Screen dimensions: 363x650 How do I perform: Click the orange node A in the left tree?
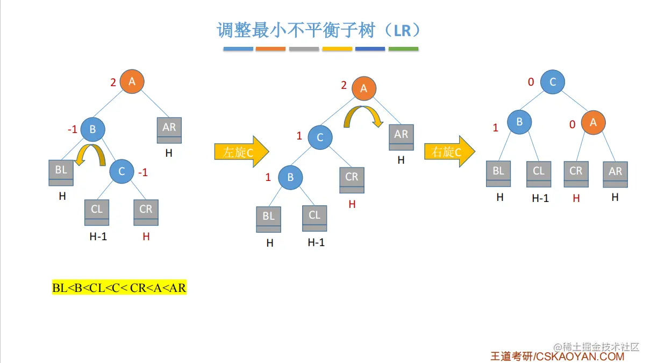[132, 82]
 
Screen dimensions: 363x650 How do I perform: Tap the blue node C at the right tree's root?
[553, 82]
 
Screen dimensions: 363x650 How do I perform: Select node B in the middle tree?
[290, 177]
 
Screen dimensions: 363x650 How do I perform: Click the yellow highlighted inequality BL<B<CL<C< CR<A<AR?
[119, 288]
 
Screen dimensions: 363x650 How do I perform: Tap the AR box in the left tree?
[169, 130]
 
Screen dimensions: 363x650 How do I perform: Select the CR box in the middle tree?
[352, 179]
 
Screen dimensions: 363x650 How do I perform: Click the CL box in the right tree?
[539, 173]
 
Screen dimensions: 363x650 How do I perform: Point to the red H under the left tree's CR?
[146, 236]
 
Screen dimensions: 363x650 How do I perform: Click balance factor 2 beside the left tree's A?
[113, 83]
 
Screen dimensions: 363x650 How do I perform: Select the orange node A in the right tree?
[593, 123]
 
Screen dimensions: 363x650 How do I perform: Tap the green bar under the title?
[403, 49]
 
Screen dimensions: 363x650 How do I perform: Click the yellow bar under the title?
[337, 49]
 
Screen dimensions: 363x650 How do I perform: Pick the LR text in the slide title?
[402, 30]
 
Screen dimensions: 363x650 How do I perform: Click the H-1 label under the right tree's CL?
[540, 198]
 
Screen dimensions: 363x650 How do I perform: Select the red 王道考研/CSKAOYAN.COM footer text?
[557, 356]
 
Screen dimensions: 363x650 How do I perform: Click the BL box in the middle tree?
[269, 219]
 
